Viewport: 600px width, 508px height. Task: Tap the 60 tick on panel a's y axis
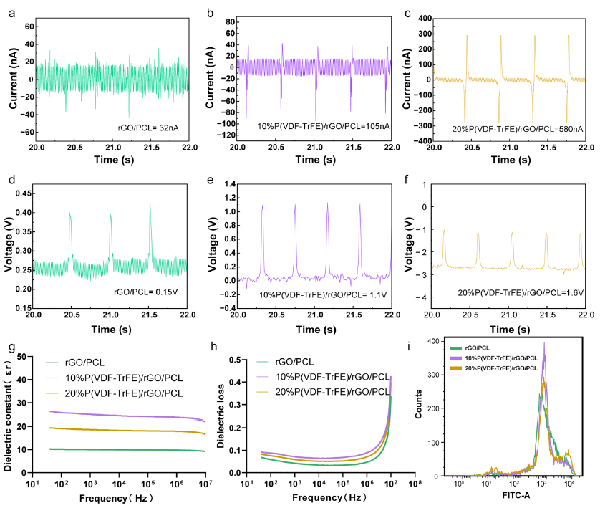pyautogui.click(x=30, y=26)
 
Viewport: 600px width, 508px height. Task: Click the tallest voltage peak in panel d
pyautogui.click(x=150, y=201)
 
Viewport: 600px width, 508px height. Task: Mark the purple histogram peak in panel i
pyautogui.click(x=544, y=343)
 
